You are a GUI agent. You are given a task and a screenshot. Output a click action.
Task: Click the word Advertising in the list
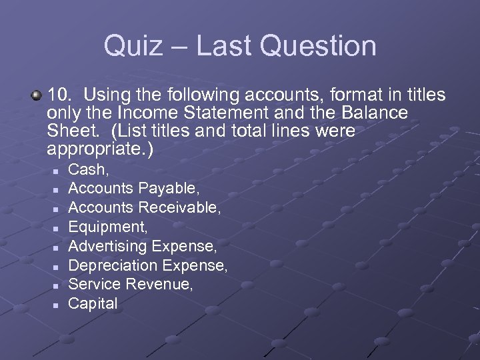108,247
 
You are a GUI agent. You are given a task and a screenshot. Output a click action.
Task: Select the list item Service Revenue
131,285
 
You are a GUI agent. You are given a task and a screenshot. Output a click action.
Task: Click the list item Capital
93,304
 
